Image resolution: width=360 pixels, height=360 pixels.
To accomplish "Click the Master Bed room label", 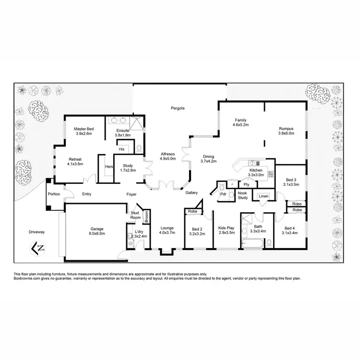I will click(x=83, y=129).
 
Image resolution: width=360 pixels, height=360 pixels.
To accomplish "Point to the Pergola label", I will click(x=178, y=108).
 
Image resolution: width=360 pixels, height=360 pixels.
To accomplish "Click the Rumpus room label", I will click(x=286, y=129).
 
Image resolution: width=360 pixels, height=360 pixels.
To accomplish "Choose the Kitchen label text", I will click(x=255, y=170).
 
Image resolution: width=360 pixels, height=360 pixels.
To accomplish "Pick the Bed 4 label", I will click(x=291, y=228).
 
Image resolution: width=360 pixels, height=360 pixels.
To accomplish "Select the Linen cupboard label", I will click(x=264, y=196).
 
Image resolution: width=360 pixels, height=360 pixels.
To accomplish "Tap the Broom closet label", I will click(x=146, y=217).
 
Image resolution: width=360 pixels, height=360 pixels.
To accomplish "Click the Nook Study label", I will click(x=243, y=195).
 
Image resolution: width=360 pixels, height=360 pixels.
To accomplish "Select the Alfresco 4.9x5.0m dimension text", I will click(x=168, y=159).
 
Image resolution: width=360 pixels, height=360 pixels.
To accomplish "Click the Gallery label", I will click(x=192, y=192).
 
